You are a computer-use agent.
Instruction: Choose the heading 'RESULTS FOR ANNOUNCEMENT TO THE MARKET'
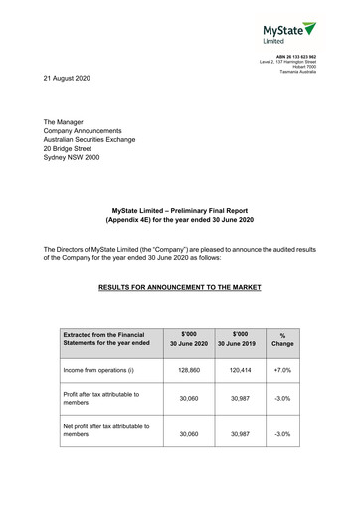coord(180,287)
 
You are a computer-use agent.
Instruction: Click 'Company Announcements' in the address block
coord(88,130)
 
